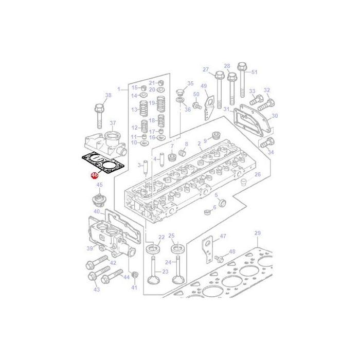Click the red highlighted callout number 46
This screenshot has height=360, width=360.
pyautogui.click(x=95, y=175)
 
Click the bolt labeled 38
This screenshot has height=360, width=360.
pyautogui.click(x=99, y=116)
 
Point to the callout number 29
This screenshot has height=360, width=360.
pyautogui.click(x=258, y=233)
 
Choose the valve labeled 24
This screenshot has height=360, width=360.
pyautogui.click(x=178, y=269)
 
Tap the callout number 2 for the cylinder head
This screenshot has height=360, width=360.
pyautogui.click(x=199, y=143)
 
